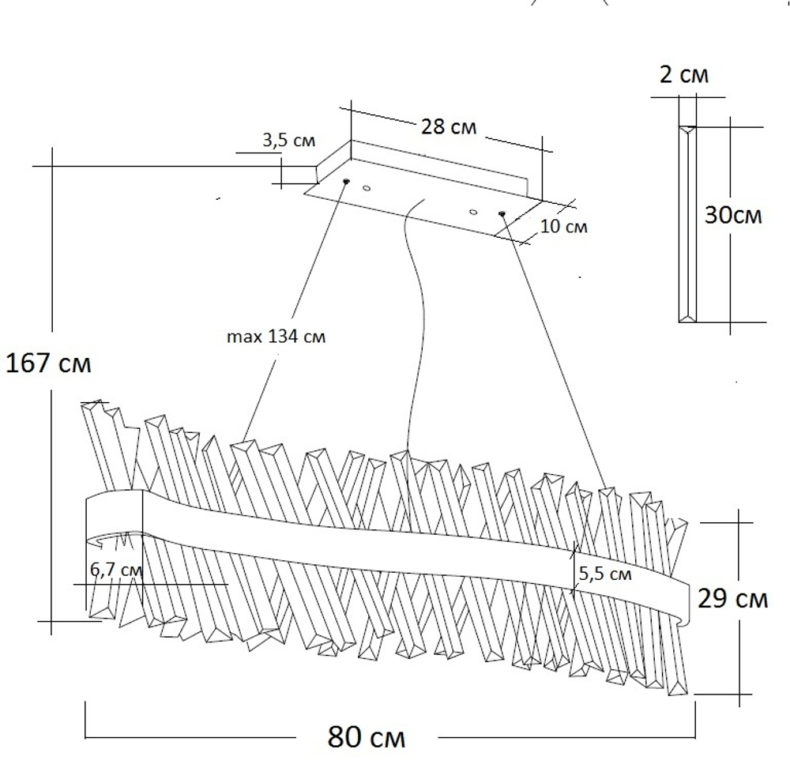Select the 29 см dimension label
click(x=732, y=599)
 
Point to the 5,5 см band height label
click(x=605, y=574)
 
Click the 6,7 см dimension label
click(x=116, y=570)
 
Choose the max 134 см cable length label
click(x=276, y=337)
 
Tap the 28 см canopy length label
click(x=449, y=126)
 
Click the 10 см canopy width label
click(x=564, y=228)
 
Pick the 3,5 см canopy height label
click(x=288, y=141)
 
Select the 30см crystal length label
click(x=734, y=216)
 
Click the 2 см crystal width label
click(x=684, y=76)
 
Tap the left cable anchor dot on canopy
click(x=346, y=182)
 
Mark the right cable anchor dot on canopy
click(x=501, y=213)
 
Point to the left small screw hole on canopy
click(x=367, y=188)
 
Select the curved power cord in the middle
click(x=418, y=316)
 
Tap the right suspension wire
click(x=553, y=348)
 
